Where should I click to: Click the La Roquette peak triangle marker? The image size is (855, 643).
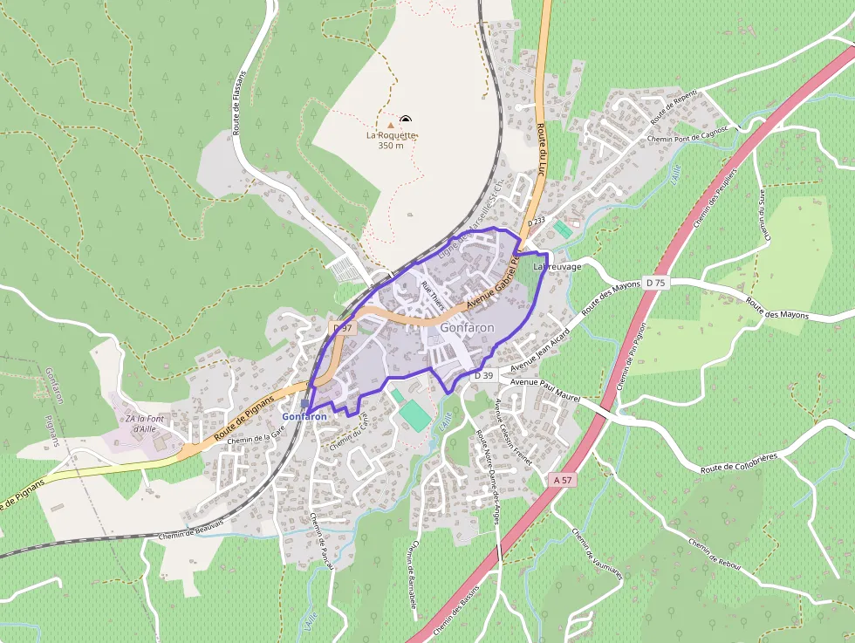[x=391, y=126]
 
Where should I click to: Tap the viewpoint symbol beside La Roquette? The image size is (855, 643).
[x=405, y=120]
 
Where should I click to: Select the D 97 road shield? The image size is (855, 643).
[x=344, y=328]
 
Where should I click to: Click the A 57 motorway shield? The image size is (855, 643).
[x=564, y=480]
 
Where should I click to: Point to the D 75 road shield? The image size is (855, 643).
[x=655, y=282]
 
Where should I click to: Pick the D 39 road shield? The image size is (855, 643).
[x=483, y=375]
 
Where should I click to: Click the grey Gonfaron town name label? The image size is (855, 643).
[x=468, y=327]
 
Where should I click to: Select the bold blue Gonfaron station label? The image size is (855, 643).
[x=304, y=417]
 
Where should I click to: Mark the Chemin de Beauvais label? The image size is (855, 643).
[x=192, y=529]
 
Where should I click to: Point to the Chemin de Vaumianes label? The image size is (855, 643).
[x=598, y=555]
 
